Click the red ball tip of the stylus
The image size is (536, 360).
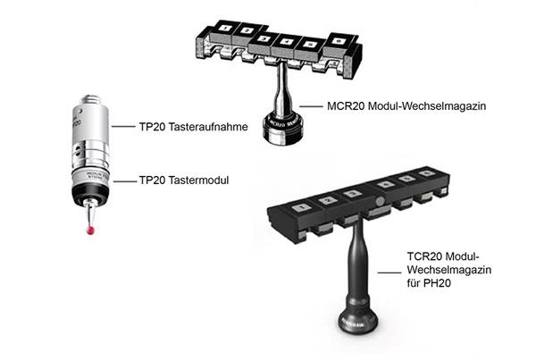[x=90, y=230]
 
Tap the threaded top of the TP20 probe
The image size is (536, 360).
[x=90, y=99]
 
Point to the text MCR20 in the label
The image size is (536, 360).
[x=346, y=106]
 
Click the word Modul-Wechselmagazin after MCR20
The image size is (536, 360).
[x=427, y=106]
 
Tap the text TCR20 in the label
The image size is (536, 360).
[x=425, y=256]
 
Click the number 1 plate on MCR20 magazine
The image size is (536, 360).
[x=225, y=28]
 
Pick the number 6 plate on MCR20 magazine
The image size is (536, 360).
[x=338, y=41]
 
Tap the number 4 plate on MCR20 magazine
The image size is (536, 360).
[x=287, y=42]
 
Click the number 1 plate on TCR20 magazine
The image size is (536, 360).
[x=301, y=207]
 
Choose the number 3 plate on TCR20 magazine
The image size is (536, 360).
[x=352, y=194]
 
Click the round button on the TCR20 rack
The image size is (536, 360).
[x=379, y=202]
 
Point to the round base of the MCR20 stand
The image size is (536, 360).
[x=282, y=130]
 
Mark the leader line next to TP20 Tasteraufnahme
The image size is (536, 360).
[x=123, y=127]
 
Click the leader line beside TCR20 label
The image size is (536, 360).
[x=389, y=272]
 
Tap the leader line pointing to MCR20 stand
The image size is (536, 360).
[x=311, y=106]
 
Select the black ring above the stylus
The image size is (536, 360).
[x=90, y=195]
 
